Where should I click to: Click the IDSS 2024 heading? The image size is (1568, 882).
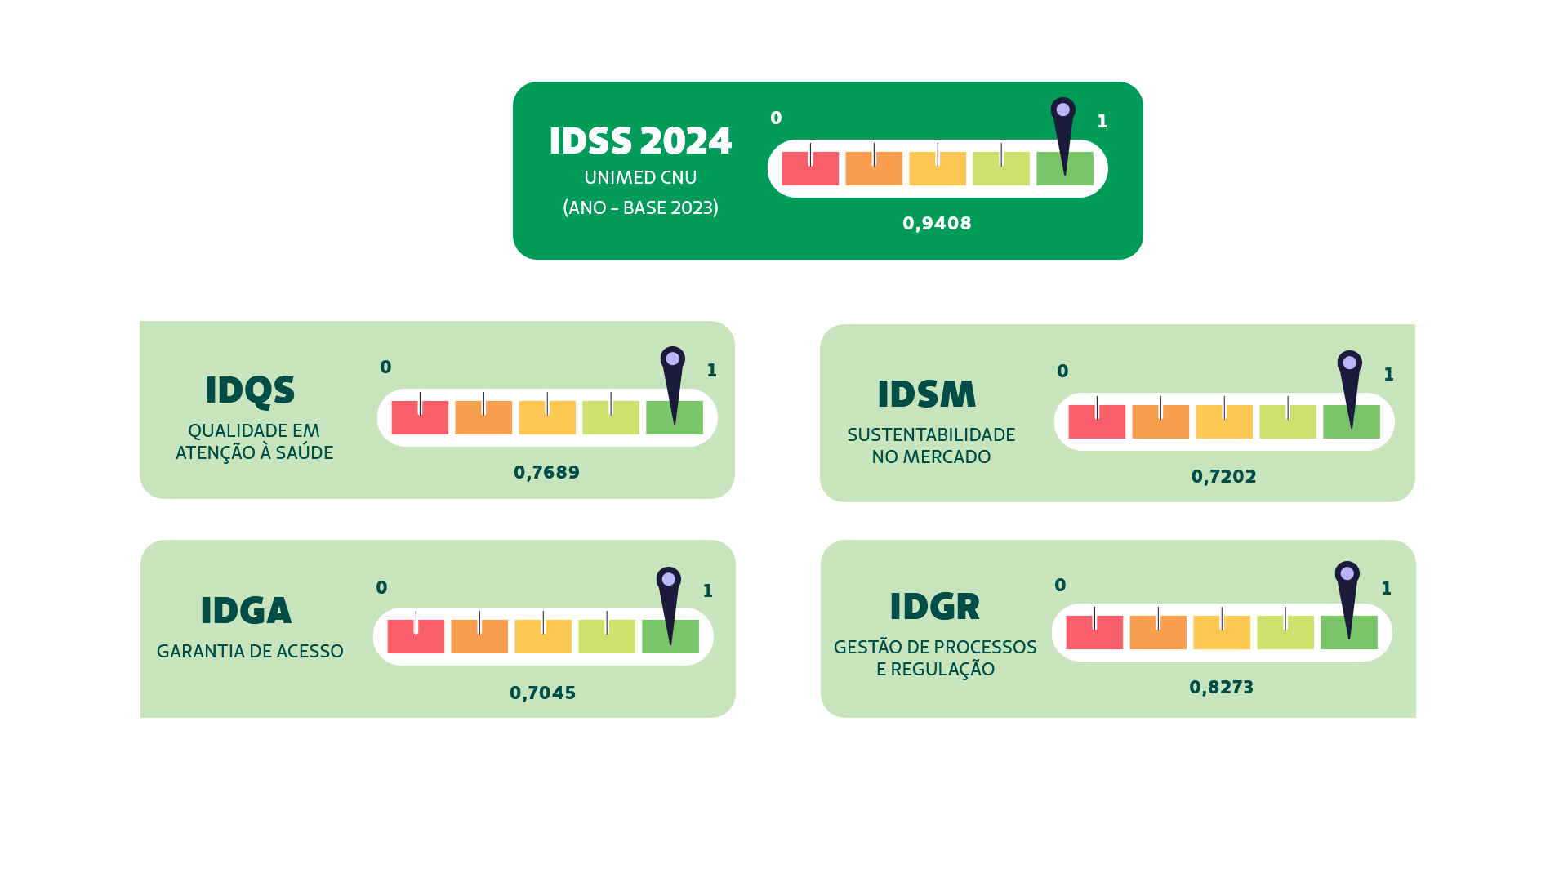coord(640,141)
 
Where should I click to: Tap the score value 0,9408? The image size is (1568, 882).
coord(937,224)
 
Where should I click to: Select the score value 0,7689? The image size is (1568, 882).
coord(546,473)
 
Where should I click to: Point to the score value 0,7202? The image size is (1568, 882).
coord(1223,477)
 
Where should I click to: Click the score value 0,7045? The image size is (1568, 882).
coord(542,693)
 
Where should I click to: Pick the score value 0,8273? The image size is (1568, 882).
coord(1221,688)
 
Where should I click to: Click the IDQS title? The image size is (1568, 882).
coord(250,390)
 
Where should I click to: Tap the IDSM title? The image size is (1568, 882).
coord(926,394)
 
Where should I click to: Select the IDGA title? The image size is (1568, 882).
coord(246,611)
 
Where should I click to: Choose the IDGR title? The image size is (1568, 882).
coord(934,607)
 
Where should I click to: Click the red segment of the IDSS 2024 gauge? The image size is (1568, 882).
coord(809,169)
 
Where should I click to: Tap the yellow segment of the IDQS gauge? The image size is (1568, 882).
coord(547,418)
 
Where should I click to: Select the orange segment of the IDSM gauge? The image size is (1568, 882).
coord(1160,422)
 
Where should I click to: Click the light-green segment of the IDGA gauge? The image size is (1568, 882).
coord(606,637)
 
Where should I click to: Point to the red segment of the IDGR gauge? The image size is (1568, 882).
coord(1094,633)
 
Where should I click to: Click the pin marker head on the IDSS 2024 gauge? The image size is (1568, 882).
coord(1062,109)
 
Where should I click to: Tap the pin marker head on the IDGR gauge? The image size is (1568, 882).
coord(1347,573)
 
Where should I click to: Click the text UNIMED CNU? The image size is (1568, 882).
coord(640,178)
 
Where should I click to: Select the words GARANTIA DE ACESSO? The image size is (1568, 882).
coord(250,652)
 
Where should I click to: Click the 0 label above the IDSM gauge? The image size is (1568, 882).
coord(1062,372)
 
